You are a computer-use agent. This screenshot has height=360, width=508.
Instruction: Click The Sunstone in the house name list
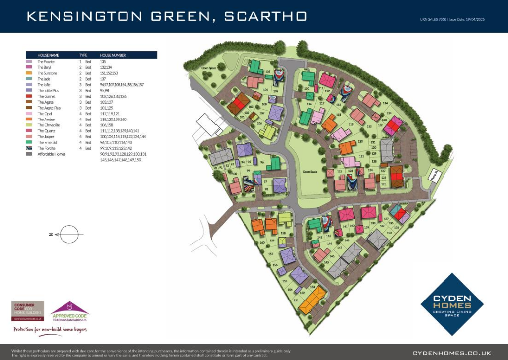point(47,73)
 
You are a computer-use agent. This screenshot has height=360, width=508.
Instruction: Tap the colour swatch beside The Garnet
point(28,96)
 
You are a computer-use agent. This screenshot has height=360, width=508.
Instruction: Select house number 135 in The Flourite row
point(103,62)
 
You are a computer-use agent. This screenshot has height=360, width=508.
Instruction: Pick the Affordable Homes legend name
point(51,154)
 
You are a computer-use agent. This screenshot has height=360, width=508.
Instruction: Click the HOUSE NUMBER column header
point(113,55)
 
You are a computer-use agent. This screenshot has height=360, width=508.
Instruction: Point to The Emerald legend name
point(47,142)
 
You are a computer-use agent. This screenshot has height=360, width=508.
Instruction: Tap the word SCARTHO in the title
point(265,16)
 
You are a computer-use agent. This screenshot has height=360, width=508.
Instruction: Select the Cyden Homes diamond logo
point(451,304)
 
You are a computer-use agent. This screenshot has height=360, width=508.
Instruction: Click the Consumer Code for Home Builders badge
point(28,311)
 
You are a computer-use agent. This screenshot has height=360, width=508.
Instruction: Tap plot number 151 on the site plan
point(296,300)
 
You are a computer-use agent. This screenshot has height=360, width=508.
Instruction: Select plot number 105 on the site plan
point(267,72)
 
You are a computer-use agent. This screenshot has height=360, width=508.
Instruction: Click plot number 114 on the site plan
point(385,103)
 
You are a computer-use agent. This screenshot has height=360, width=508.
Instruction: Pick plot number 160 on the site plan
point(263,243)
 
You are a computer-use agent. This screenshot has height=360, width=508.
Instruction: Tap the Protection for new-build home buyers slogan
point(50,329)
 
